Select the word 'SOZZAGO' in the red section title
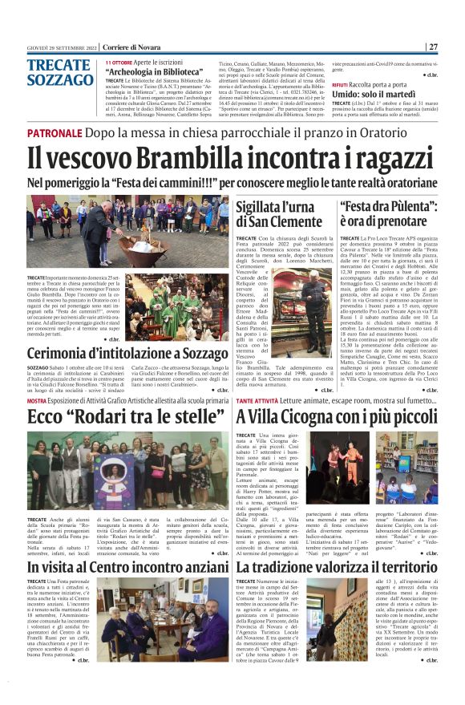(60, 80)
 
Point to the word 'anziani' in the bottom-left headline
(200, 568)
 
